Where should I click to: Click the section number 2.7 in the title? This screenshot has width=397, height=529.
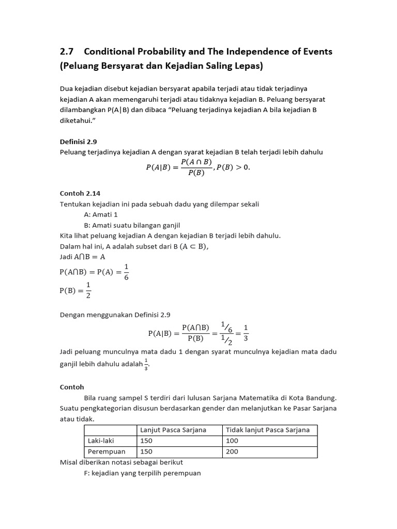pyautogui.click(x=67, y=52)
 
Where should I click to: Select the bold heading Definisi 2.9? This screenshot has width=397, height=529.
pyautogui.click(x=79, y=141)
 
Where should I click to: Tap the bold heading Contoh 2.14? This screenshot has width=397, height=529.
pyautogui.click(x=80, y=193)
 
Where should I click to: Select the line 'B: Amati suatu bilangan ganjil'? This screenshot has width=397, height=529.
pyautogui.click(x=132, y=225)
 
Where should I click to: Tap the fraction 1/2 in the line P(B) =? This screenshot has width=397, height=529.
pyautogui.click(x=88, y=290)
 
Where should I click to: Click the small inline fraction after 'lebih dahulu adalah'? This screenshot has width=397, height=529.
pyautogui.click(x=146, y=363)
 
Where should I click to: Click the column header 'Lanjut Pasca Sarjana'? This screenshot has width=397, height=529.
pyautogui.click(x=173, y=430)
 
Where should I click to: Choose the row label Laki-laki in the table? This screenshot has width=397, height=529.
pyautogui.click(x=101, y=441)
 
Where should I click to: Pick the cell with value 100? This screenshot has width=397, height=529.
pyautogui.click(x=232, y=441)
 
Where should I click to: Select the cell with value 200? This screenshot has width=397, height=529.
pyautogui.click(x=232, y=452)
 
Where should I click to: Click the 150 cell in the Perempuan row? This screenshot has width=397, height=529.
pyautogui.click(x=147, y=452)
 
